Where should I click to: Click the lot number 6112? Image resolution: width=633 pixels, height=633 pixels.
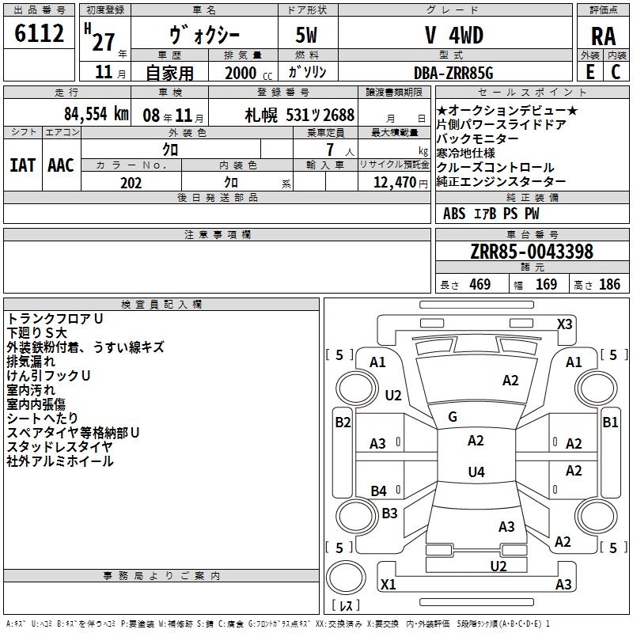[x=39, y=33]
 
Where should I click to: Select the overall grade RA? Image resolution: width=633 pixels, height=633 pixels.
[x=604, y=36]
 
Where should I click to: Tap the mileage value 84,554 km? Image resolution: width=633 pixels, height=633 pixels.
[x=97, y=114]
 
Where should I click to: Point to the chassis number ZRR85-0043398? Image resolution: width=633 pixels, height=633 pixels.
[x=532, y=252]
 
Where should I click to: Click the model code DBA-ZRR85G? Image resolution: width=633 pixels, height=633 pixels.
[x=453, y=73]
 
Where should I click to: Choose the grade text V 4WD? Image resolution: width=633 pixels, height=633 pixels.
[x=454, y=36]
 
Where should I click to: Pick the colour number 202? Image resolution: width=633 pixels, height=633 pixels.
[x=131, y=183]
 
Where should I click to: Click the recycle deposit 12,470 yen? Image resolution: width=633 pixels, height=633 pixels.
[x=400, y=183]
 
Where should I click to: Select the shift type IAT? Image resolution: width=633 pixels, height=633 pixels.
[x=23, y=165]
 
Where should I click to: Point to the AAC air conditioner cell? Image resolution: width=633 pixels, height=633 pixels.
[x=61, y=165]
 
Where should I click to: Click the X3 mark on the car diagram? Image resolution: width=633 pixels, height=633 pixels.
[x=564, y=324]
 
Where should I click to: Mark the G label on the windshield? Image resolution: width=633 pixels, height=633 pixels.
[x=453, y=417]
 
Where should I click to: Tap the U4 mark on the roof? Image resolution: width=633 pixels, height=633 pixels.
[x=476, y=472]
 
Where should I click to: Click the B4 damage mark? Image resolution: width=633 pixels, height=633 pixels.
[x=379, y=491]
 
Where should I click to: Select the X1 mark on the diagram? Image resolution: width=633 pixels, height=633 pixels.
[x=388, y=584]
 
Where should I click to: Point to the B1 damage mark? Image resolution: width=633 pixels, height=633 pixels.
[x=610, y=423]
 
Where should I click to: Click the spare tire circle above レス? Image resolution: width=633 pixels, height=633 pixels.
[x=346, y=577]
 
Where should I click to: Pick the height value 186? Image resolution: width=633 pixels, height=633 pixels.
[x=609, y=284]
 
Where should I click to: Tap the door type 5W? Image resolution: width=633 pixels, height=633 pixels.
[x=306, y=36]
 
